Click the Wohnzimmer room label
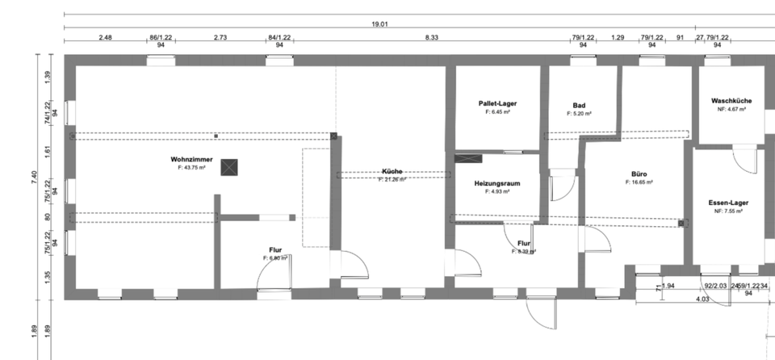(x=191, y=159)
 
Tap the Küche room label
(x=392, y=172)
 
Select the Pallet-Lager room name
(x=497, y=104)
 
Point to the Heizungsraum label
(x=496, y=183)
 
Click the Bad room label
(x=579, y=106)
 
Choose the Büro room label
(x=639, y=174)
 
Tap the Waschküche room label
(x=731, y=101)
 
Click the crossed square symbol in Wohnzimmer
(x=231, y=167)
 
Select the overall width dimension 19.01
(x=379, y=24)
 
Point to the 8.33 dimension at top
(x=432, y=37)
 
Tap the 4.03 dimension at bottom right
(x=702, y=299)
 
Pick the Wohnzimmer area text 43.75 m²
(x=192, y=167)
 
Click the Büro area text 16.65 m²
(x=639, y=182)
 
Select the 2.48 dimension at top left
(x=106, y=37)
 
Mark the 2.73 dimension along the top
(x=220, y=37)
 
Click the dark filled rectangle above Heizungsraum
(x=467, y=158)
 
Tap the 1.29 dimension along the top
(x=618, y=37)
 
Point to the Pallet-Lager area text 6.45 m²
(x=497, y=113)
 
